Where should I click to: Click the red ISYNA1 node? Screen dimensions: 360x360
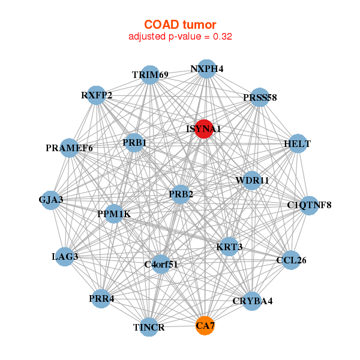coord(204,128)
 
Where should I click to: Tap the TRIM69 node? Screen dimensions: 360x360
coord(150,75)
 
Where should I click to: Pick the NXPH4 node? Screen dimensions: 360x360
coord(206,68)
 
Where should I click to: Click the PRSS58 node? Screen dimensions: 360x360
coord(259,97)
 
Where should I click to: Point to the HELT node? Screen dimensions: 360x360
coord(298,145)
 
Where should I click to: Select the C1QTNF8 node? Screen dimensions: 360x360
coord(309,206)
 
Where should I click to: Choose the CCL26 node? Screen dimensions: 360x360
coord(291,260)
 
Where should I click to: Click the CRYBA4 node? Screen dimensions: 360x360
coord(252,301)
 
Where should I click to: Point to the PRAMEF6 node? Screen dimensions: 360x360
coord(70,148)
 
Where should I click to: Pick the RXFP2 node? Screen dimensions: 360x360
coord(97,95)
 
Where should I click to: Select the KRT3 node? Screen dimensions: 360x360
coord(229,247)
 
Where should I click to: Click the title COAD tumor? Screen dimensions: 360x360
coord(180,25)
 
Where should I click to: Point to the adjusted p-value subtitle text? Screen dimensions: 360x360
coord(180,36)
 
